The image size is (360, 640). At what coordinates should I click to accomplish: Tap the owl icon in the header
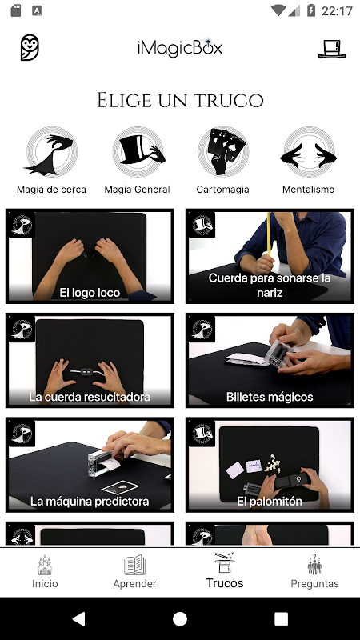[x=30, y=48]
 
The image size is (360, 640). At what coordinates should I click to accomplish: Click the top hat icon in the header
[x=332, y=49]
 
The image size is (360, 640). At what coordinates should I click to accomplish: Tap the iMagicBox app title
[x=179, y=48]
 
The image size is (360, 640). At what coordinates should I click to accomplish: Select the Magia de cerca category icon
[x=51, y=151]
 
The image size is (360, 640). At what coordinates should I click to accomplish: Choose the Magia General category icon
[x=138, y=151]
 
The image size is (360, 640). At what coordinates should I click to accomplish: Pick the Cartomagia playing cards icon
[x=223, y=151]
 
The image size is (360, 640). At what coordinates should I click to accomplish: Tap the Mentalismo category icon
[x=309, y=151]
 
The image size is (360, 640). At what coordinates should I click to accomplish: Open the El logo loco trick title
[x=90, y=293]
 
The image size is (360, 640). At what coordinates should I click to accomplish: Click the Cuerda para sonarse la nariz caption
[x=270, y=285]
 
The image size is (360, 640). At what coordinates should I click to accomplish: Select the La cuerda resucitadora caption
[x=90, y=397]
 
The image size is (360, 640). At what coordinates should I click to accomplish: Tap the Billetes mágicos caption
[x=270, y=397]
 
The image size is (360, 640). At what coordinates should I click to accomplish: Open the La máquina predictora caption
[x=90, y=502]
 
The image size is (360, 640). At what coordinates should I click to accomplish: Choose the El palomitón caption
[x=270, y=502]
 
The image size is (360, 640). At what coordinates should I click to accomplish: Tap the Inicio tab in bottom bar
[x=45, y=571]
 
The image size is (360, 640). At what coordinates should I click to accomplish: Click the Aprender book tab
[x=134, y=571]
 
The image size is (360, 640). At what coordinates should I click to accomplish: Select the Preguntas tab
[x=314, y=571]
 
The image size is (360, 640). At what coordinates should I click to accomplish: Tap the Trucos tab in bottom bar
[x=225, y=570]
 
